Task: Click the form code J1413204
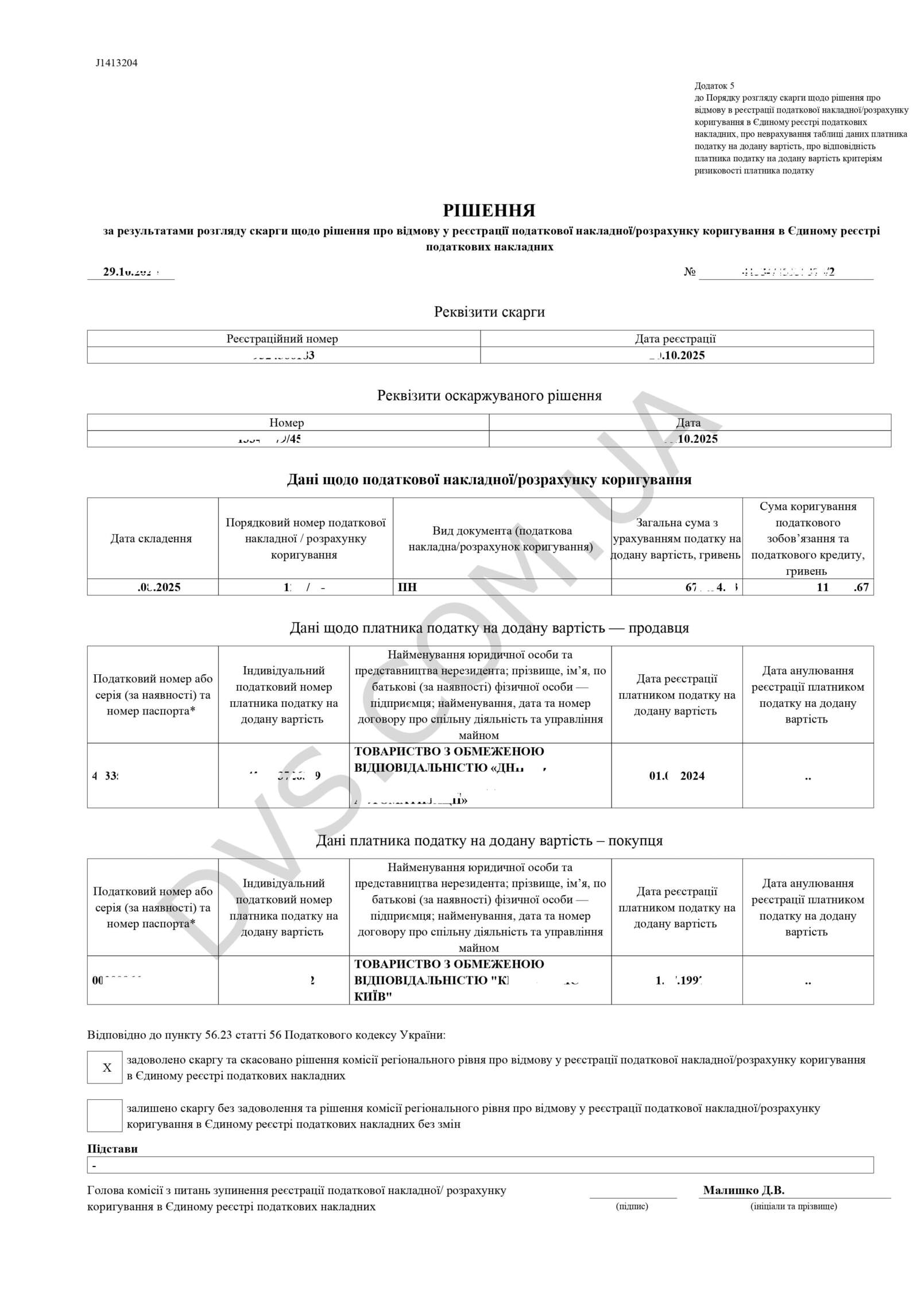coord(117,63)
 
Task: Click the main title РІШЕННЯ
coord(489,211)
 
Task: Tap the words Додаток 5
coord(714,86)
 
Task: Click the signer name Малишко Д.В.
coord(744,1191)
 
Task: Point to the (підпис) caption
coord(632,1206)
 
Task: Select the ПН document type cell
coord(408,588)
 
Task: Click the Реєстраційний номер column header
coord(283,339)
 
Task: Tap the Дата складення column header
coord(151,539)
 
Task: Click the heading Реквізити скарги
coord(489,312)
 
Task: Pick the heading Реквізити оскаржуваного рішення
coord(489,396)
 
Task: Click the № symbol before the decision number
coord(690,272)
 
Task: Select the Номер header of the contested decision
coord(287,423)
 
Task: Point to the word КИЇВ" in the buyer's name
coord(373,996)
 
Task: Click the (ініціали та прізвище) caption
coord(794,1206)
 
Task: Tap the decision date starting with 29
coord(130,272)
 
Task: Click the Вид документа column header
coord(501,539)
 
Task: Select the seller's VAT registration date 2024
coord(677,776)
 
